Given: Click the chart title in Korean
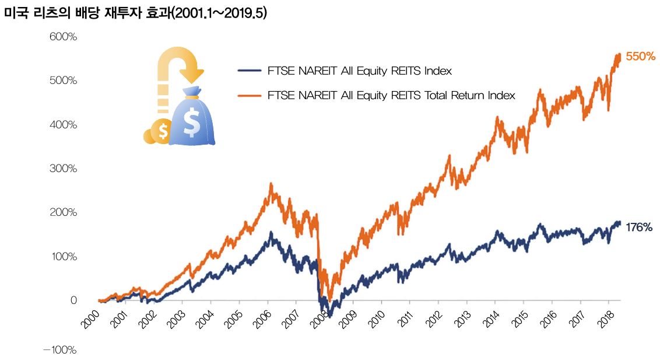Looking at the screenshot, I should point(135,13).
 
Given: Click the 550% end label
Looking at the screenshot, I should point(641,57).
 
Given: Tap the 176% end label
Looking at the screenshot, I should point(639,228).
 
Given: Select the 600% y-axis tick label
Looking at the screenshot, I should point(63,37).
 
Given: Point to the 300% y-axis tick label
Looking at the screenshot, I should point(63,169).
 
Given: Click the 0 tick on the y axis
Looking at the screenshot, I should point(73,300).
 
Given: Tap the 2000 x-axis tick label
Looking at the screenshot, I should point(89,319).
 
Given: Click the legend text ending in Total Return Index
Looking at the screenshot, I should point(391,95).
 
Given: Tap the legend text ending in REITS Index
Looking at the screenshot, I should point(359,71).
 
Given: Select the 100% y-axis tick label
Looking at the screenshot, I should point(63,257).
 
